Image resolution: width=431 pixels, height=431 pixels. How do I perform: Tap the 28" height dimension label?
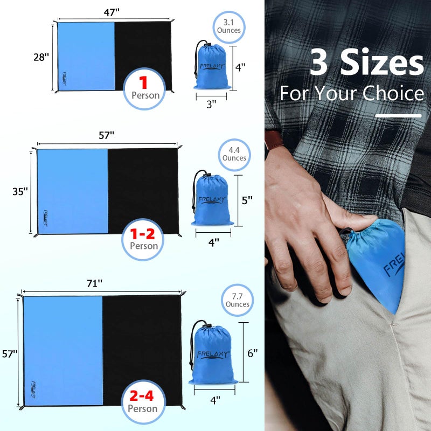[x=41, y=57]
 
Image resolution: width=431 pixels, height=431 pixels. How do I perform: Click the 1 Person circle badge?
[x=144, y=89]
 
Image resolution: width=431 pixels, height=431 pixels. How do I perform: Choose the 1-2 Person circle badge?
[x=143, y=239]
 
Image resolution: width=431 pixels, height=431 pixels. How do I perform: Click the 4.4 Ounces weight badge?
[x=234, y=154]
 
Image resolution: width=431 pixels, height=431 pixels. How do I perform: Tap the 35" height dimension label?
[x=20, y=191]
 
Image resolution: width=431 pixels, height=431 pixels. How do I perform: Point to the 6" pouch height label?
[x=252, y=353]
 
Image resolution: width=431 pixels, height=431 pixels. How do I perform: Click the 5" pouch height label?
[x=247, y=200]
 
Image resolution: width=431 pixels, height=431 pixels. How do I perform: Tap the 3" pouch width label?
[x=211, y=104]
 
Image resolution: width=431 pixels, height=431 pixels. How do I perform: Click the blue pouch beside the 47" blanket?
[x=212, y=67]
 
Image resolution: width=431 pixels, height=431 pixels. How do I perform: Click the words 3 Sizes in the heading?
[x=367, y=63]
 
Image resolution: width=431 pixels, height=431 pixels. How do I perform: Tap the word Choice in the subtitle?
[x=393, y=94]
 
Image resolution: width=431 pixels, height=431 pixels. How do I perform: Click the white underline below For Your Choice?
[x=398, y=115]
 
